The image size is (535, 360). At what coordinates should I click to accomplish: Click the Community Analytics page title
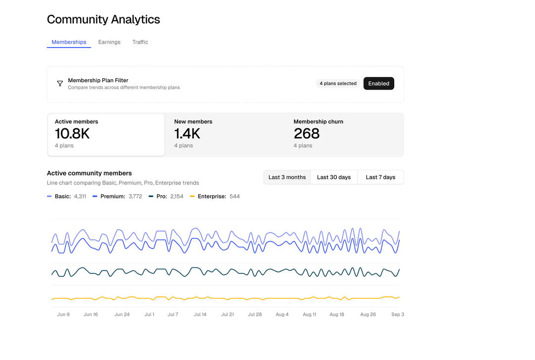[x=103, y=19]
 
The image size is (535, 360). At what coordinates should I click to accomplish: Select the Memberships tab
[x=69, y=42]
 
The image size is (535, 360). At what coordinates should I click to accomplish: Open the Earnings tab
[x=109, y=42]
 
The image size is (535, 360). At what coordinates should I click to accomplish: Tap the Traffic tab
[x=140, y=42]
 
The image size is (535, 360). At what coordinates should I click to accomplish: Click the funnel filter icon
[x=60, y=84]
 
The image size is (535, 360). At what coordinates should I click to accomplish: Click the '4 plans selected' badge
[x=338, y=84]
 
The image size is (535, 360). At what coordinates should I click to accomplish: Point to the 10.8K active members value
[x=72, y=134]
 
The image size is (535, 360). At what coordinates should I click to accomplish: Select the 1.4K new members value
[x=187, y=134]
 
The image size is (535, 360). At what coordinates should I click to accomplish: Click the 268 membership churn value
[x=307, y=134]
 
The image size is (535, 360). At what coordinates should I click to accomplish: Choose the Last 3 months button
[x=287, y=177]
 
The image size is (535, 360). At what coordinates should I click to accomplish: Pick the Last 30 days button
[x=333, y=177]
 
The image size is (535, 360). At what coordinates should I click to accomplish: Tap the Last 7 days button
[x=380, y=177]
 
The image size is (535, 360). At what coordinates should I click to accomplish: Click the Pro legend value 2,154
[x=177, y=197]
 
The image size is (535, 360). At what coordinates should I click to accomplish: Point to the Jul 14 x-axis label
[x=200, y=314]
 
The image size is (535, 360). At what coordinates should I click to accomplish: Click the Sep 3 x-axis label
[x=397, y=314]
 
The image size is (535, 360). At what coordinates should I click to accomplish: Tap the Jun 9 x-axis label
[x=63, y=314]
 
